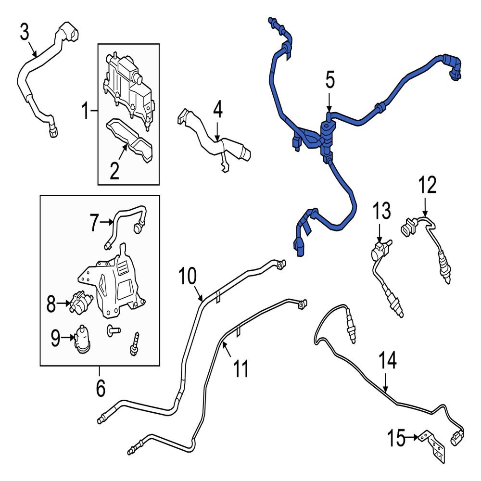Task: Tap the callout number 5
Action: (x=330, y=80)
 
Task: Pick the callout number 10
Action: (x=188, y=276)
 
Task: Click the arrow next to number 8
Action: (x=63, y=303)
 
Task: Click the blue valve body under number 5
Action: (x=327, y=138)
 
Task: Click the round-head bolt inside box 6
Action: (x=114, y=331)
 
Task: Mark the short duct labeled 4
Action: (x=215, y=138)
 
